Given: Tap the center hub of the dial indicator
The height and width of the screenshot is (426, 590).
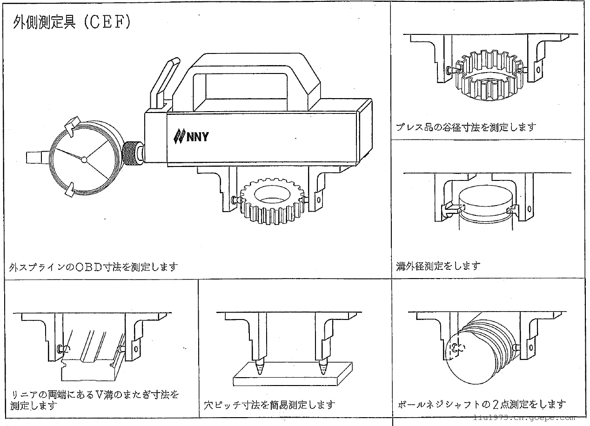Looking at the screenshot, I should (84, 159).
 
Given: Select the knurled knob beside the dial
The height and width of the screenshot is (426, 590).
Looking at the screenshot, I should (132, 154).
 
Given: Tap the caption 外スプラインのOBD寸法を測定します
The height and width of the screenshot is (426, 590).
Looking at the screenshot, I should (94, 267).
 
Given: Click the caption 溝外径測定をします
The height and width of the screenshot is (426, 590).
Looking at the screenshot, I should (438, 266).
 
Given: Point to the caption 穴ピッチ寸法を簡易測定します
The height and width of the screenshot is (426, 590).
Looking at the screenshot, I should (270, 405).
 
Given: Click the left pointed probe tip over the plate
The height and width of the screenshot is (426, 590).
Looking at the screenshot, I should (260, 368).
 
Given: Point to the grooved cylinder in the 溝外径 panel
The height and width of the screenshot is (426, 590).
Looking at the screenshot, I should (484, 209).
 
